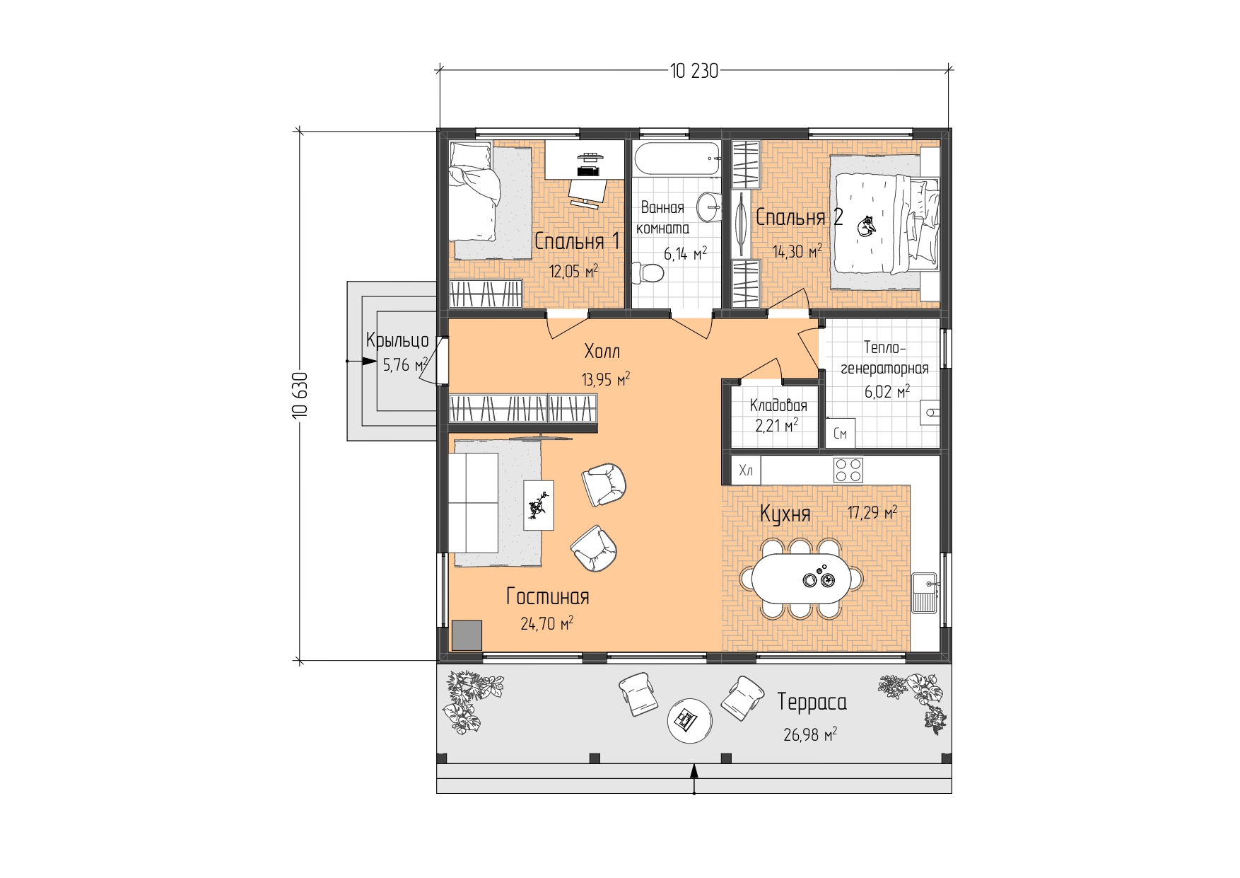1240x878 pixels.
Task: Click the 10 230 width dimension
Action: [x=694, y=71]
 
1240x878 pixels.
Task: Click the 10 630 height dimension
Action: [x=300, y=395]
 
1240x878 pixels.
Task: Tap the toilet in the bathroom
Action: [x=647, y=272]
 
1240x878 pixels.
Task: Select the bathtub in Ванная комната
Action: [x=677, y=159]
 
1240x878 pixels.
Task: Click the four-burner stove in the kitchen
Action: [x=848, y=470]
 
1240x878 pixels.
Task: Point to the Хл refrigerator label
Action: [x=746, y=470]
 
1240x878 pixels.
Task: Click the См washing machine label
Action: [x=840, y=434]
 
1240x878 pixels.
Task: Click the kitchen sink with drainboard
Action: [x=925, y=593]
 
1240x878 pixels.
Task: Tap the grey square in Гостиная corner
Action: [x=467, y=635]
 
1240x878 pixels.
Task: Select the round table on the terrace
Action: [x=689, y=721]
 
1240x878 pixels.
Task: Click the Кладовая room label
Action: [x=778, y=406]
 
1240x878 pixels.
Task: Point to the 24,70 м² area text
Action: [x=547, y=623]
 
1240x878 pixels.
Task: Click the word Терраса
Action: [x=812, y=702]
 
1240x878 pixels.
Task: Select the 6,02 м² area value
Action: [x=887, y=391]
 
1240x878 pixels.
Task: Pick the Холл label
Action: [x=602, y=351]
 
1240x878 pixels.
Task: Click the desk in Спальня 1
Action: [x=585, y=160]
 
